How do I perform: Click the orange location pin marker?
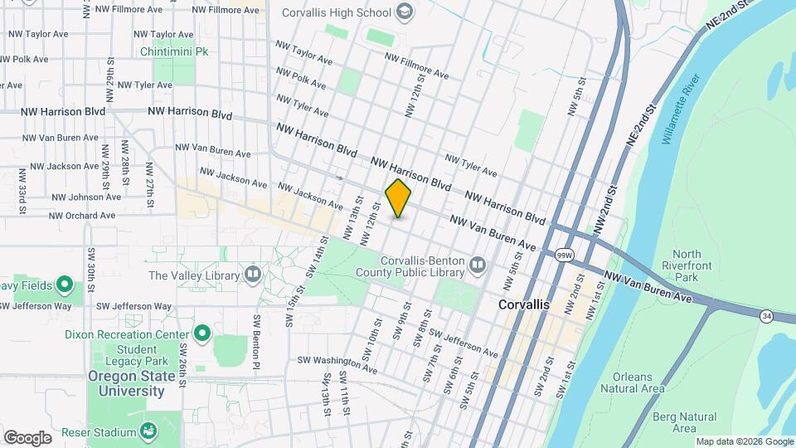399,198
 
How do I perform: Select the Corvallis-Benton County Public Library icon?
477,265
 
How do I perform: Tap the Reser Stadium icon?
148,431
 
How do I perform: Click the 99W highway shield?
564,255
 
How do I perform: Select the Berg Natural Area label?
685,422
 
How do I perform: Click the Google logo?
27,437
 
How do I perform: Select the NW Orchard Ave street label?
82,216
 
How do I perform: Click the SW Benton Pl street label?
257,343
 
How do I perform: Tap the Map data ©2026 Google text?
745,441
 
